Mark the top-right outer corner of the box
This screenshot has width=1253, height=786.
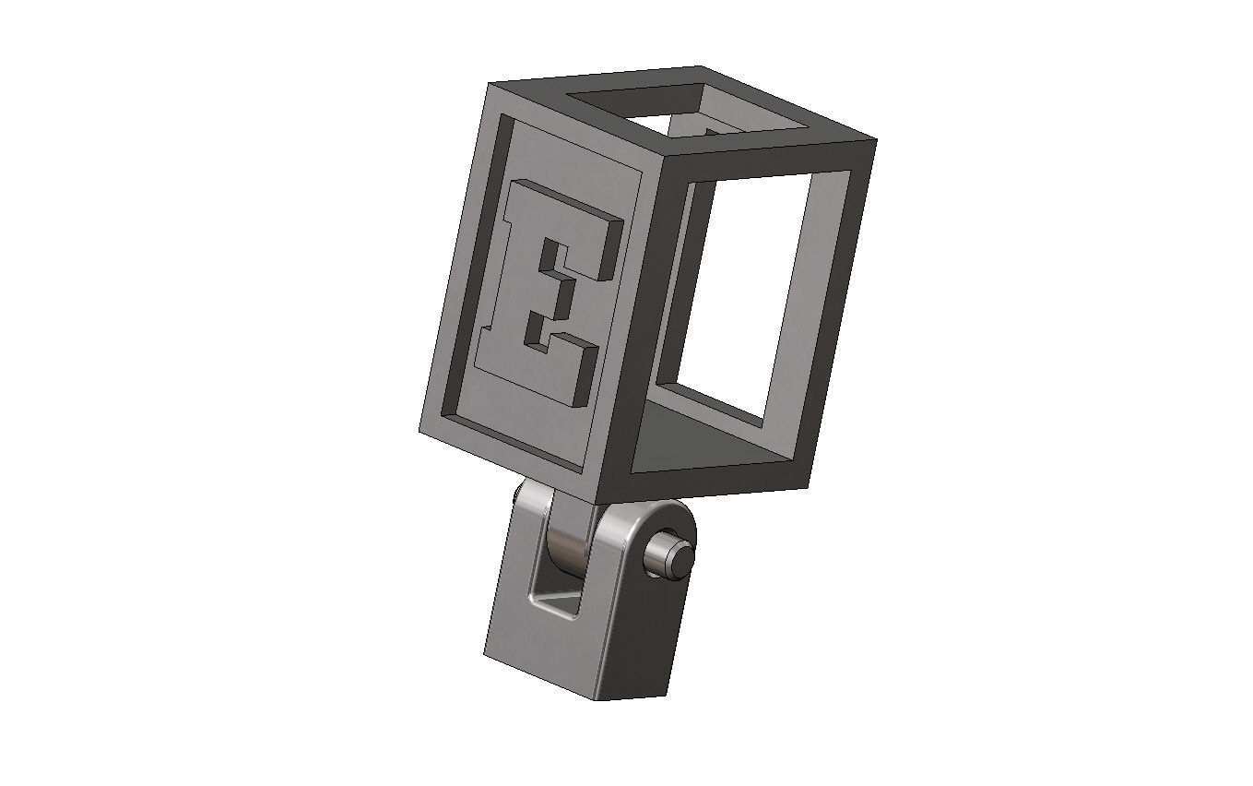click(874, 141)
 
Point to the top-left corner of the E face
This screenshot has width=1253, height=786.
click(489, 85)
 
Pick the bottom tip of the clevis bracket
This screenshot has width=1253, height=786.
click(604, 697)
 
